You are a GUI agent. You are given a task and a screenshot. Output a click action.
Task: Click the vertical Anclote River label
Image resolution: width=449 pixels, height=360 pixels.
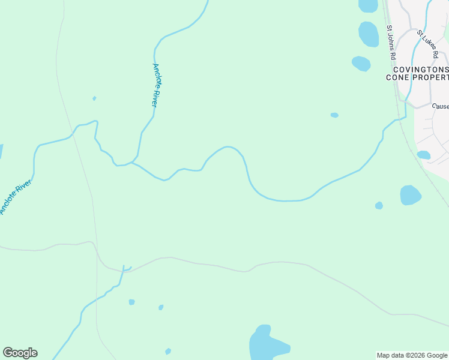pos(155,85)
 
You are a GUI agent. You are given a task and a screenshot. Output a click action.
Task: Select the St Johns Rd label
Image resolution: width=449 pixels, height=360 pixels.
pos(391,42)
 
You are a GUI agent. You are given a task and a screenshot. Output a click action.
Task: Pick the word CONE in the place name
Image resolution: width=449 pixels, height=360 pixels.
pos(398,77)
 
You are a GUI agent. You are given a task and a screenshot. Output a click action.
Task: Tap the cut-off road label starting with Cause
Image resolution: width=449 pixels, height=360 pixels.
pos(440,106)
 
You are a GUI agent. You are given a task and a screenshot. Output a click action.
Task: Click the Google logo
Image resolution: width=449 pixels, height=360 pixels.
pos(20,353)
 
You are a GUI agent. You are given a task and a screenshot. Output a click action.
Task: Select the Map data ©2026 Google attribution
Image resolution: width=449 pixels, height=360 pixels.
pos(412,355)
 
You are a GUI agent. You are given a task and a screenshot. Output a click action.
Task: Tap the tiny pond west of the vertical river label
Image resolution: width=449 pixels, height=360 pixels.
pos(94,98)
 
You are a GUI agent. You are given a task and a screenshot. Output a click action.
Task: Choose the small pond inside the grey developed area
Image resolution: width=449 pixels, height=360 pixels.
pos(424,155)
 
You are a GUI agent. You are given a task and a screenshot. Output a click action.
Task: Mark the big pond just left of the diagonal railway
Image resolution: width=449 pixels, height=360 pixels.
pos(410,195)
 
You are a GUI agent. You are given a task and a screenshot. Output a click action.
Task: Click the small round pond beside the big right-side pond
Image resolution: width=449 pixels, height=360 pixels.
pos(379,206)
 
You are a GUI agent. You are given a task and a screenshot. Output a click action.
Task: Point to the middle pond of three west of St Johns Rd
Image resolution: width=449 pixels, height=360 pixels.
pos(369,34)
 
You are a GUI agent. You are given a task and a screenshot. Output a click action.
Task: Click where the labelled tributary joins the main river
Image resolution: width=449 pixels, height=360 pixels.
pos(131,162)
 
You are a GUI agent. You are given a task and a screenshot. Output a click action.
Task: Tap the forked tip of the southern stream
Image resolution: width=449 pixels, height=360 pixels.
pos(125,267)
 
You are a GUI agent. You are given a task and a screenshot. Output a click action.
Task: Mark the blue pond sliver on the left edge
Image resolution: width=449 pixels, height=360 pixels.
pos(1,151)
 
